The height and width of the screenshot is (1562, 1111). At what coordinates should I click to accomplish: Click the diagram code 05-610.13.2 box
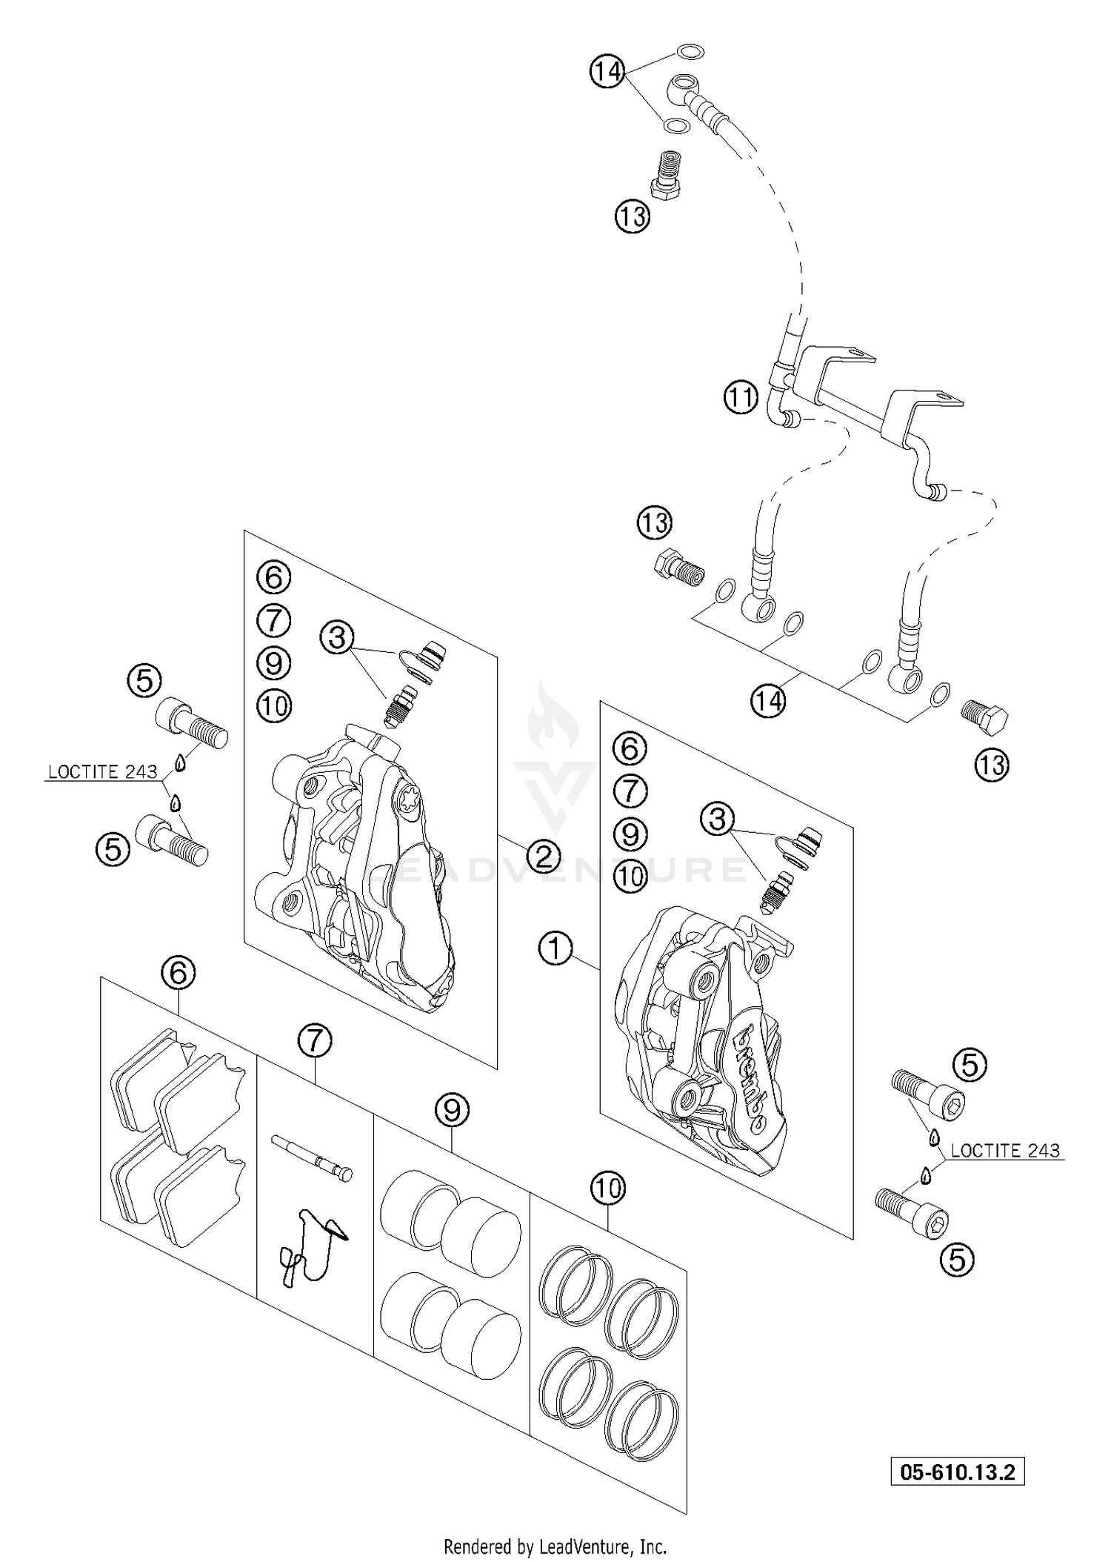(x=957, y=1471)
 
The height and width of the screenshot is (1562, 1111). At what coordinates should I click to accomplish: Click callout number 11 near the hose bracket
(x=741, y=398)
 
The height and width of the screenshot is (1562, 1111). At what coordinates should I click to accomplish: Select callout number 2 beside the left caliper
(x=543, y=857)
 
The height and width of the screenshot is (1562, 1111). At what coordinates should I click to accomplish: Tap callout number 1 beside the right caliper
(x=555, y=948)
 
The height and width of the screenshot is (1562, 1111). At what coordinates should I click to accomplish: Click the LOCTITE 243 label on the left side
(x=102, y=771)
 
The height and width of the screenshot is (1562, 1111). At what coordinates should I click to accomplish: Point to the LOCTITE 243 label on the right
(x=1005, y=1150)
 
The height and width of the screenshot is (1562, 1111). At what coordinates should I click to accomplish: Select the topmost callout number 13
(x=631, y=217)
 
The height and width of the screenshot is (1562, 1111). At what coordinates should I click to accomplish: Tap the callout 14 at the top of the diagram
(x=607, y=72)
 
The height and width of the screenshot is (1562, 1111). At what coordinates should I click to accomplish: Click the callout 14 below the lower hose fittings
(x=768, y=700)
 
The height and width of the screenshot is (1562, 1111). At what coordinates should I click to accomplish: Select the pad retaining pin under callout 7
(x=312, y=1157)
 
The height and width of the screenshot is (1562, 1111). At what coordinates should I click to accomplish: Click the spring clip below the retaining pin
(x=311, y=1245)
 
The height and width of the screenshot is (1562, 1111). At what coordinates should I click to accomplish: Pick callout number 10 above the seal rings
(x=607, y=1188)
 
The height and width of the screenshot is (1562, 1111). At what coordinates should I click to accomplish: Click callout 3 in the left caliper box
(x=337, y=637)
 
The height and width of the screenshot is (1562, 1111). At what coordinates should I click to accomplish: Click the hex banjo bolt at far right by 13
(x=985, y=717)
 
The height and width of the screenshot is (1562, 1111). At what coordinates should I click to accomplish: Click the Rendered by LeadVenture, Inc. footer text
(x=555, y=1546)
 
